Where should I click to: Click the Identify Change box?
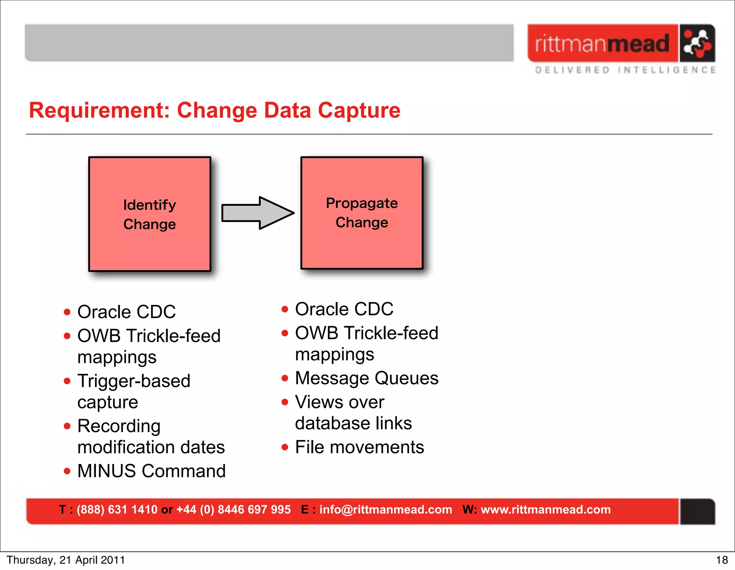(150, 214)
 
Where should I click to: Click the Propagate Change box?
(362, 213)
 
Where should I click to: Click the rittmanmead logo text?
(602, 43)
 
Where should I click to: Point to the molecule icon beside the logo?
(697, 43)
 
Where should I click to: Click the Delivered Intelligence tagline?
(625, 70)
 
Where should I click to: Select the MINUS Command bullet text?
(151, 471)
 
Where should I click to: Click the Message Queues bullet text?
(366, 378)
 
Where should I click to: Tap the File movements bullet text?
(359, 447)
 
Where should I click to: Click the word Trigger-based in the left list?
(134, 381)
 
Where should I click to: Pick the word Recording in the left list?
(119, 426)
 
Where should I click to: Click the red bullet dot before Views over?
(285, 402)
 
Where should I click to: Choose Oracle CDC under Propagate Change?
(344, 309)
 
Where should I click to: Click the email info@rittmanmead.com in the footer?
(385, 510)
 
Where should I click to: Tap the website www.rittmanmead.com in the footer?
(546, 510)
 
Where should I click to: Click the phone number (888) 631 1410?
(117, 510)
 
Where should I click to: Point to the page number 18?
(722, 560)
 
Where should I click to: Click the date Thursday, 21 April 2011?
(66, 560)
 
